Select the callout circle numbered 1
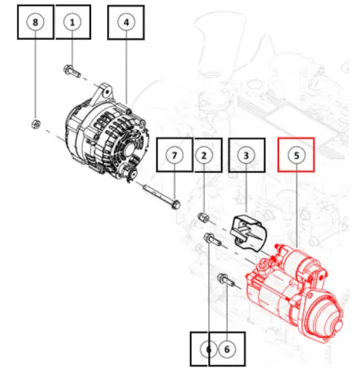click(x=73, y=22)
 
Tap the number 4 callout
click(x=125, y=22)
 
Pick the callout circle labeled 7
click(x=174, y=155)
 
